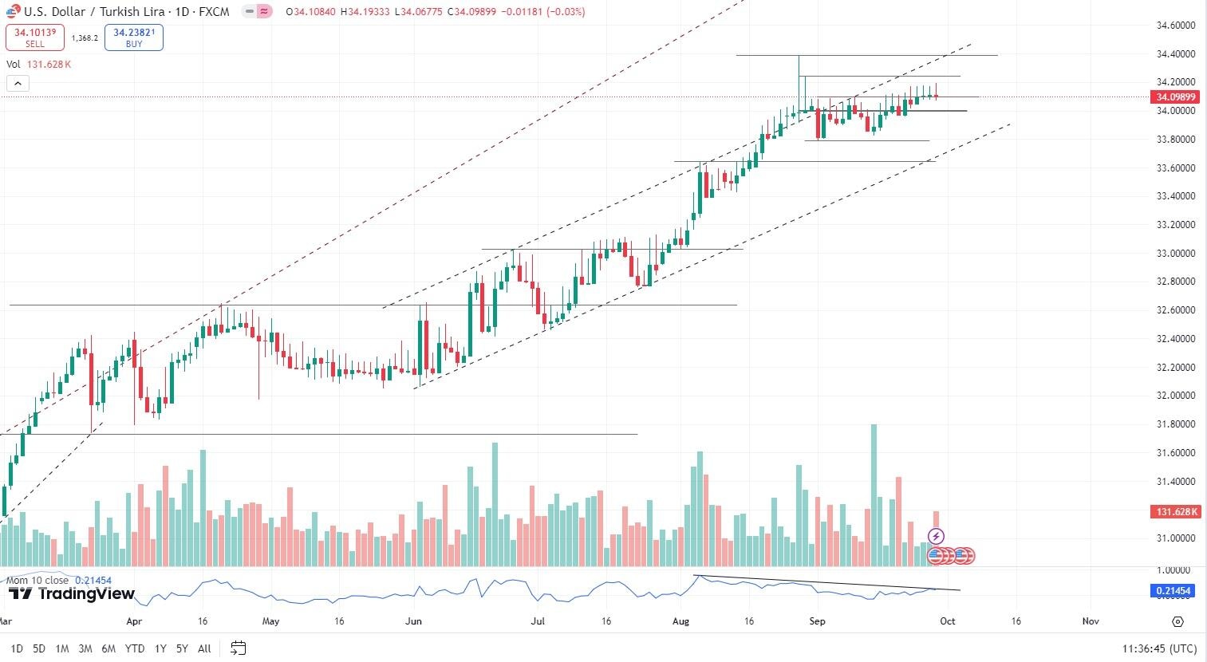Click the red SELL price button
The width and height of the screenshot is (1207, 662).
point(34,37)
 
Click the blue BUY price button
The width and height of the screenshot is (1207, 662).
point(134,37)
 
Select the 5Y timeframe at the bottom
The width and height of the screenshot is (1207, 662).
point(183,648)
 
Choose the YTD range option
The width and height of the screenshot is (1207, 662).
point(135,648)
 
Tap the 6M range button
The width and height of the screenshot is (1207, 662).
point(108,648)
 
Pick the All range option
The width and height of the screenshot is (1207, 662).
point(204,648)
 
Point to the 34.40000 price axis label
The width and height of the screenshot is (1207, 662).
point(1175,54)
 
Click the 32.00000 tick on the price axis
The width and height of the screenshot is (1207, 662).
point(1175,396)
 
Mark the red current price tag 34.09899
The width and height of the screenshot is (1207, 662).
point(1174,97)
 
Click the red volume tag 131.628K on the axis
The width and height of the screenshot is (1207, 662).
point(1174,511)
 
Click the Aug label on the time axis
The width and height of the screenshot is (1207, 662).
point(680,621)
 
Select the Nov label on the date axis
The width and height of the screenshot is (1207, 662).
point(1091,621)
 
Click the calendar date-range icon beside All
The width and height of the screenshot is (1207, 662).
point(238,648)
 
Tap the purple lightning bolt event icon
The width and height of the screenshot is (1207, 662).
point(937,536)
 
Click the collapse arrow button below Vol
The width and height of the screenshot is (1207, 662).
point(18,83)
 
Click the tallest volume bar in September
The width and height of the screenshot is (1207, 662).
point(874,495)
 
